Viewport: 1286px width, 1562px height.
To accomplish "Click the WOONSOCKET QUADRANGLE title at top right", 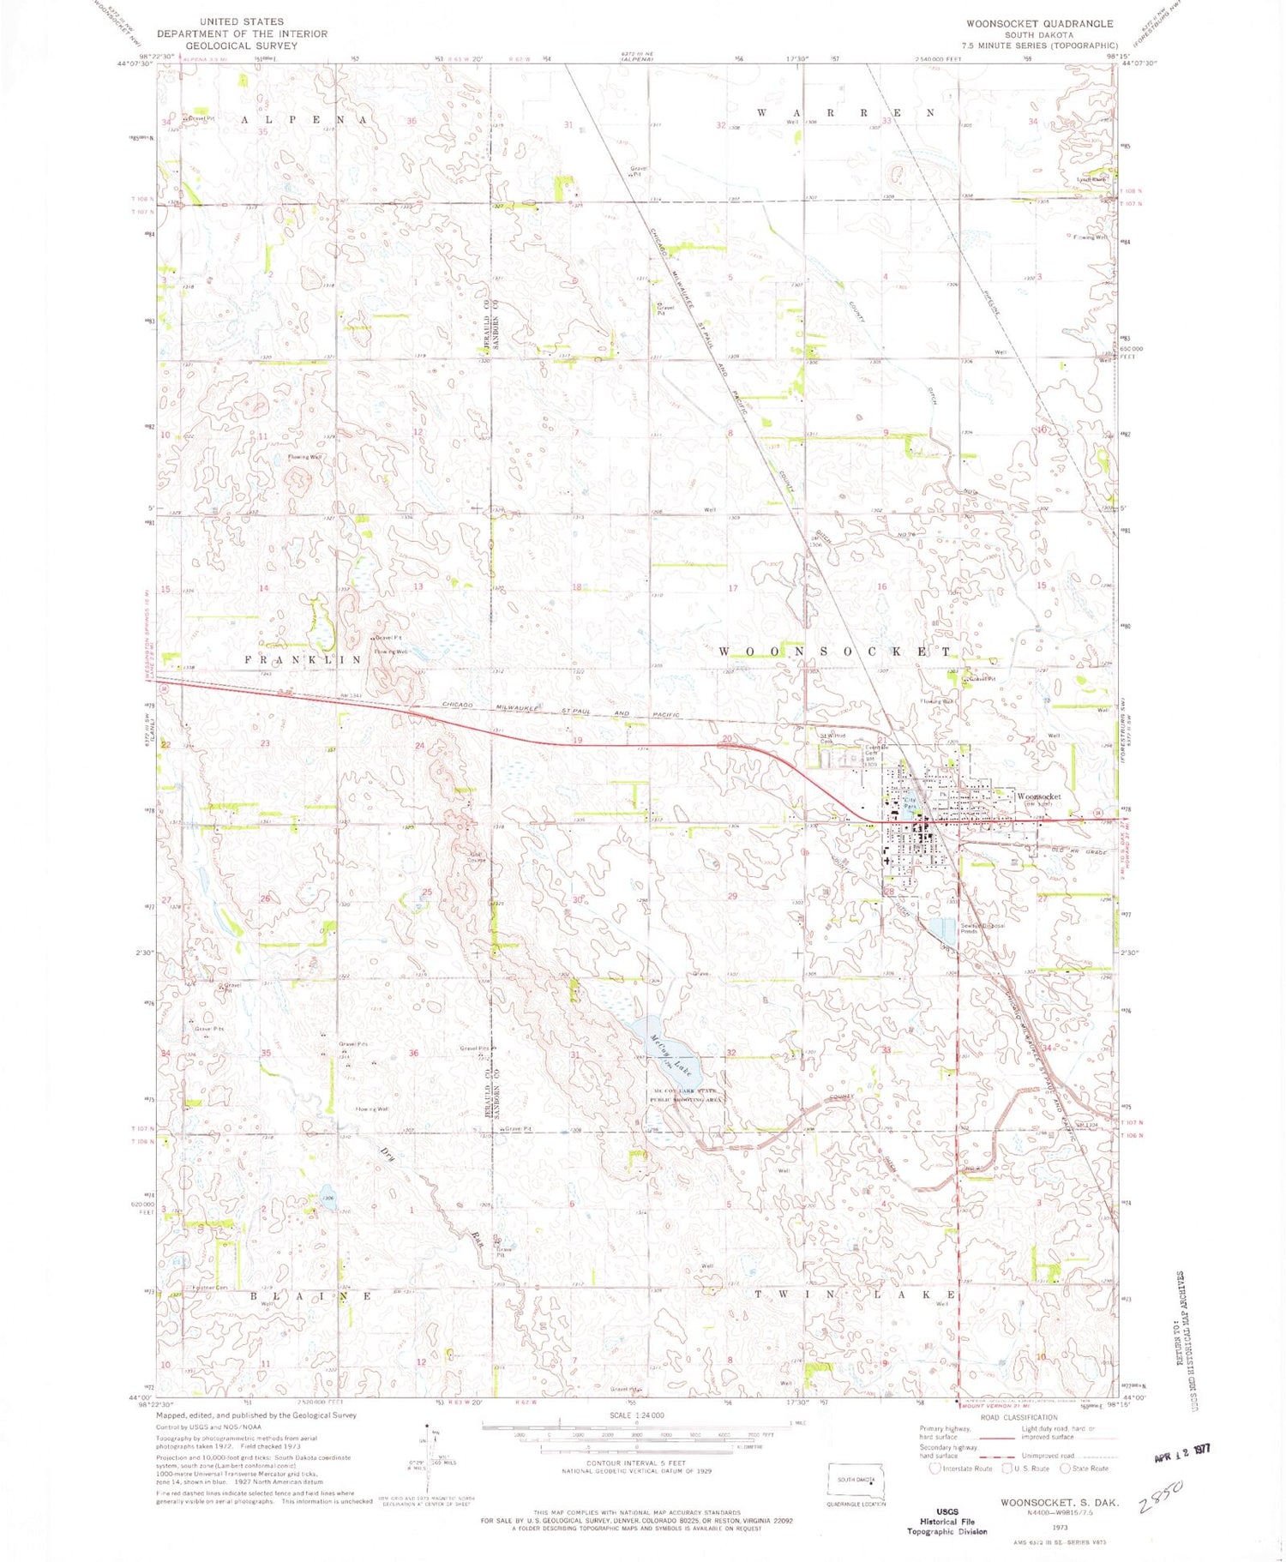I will pyautogui.click(x=1039, y=23).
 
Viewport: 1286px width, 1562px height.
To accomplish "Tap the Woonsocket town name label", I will pyautogui.click(x=1038, y=796).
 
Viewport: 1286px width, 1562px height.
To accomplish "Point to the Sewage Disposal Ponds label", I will pyautogui.click(x=983, y=928).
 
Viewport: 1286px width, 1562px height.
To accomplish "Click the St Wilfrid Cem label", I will pyautogui.click(x=833, y=738).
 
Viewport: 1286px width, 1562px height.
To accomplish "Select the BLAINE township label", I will pyautogui.click(x=311, y=1296).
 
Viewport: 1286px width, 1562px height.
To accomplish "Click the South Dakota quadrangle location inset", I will pyautogui.click(x=855, y=1480).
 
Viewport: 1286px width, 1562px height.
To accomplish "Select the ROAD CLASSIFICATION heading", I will pyautogui.click(x=1018, y=1418).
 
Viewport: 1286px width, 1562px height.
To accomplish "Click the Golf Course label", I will pyautogui.click(x=477, y=856).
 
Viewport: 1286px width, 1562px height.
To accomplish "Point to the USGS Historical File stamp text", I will pyautogui.click(x=947, y=1522).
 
